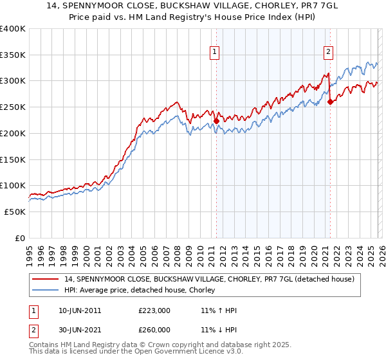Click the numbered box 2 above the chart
click(x=328, y=52)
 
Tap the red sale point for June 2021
click(x=330, y=102)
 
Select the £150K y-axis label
click(x=13, y=159)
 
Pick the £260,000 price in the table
click(x=154, y=329)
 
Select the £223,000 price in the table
click(x=154, y=310)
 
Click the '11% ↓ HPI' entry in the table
click(x=219, y=329)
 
